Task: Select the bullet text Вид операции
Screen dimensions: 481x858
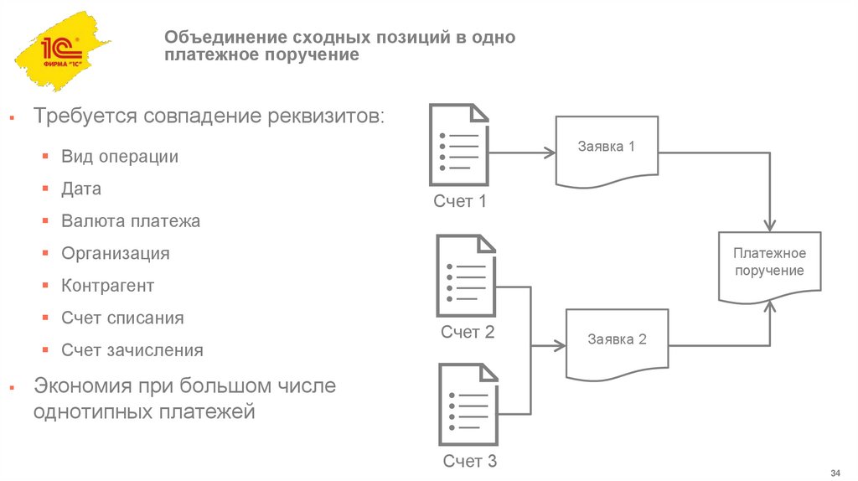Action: (119, 157)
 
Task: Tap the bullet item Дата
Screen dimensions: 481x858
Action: (81, 189)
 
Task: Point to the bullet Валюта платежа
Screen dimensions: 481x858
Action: (130, 221)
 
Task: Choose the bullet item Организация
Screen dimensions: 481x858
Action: (115, 253)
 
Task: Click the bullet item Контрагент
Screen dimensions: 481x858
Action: (107, 286)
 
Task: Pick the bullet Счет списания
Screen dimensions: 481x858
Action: (122, 318)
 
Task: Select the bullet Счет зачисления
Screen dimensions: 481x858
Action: (132, 350)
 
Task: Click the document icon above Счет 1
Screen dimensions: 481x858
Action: (459, 144)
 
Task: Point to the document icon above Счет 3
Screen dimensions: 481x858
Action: (468, 404)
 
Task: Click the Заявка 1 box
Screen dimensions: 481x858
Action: (607, 152)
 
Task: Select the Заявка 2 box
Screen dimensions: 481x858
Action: (618, 344)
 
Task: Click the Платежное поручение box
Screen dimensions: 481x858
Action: (768, 263)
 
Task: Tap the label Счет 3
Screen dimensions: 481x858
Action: (469, 461)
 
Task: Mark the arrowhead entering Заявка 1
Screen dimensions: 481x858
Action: (550, 153)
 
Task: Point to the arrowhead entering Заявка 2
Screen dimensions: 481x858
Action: (560, 344)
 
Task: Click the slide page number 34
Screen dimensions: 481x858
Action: (835, 467)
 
